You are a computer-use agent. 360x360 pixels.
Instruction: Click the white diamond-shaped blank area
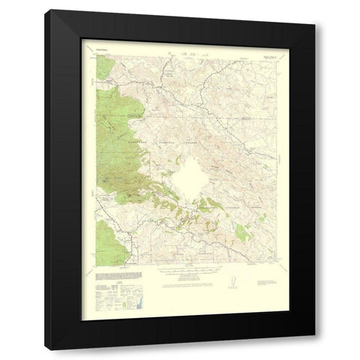190,176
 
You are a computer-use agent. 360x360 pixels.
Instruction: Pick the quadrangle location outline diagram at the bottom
230,282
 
